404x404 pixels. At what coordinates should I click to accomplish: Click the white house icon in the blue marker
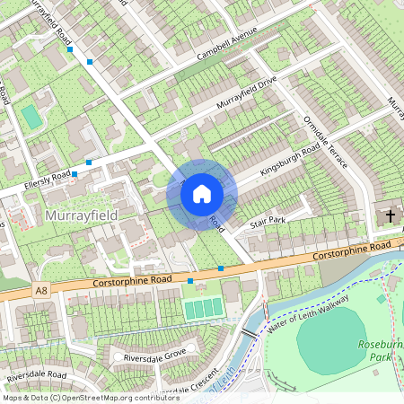[202, 193]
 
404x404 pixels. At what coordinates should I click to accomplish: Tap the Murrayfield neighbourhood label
[81, 216]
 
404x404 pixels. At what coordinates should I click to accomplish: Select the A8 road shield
[41, 290]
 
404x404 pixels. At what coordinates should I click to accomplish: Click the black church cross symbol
[391, 215]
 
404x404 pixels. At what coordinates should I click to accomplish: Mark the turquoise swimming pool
[31, 117]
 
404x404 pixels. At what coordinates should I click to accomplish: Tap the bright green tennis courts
[203, 308]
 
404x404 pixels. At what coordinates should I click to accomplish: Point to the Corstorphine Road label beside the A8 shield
[131, 283]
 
